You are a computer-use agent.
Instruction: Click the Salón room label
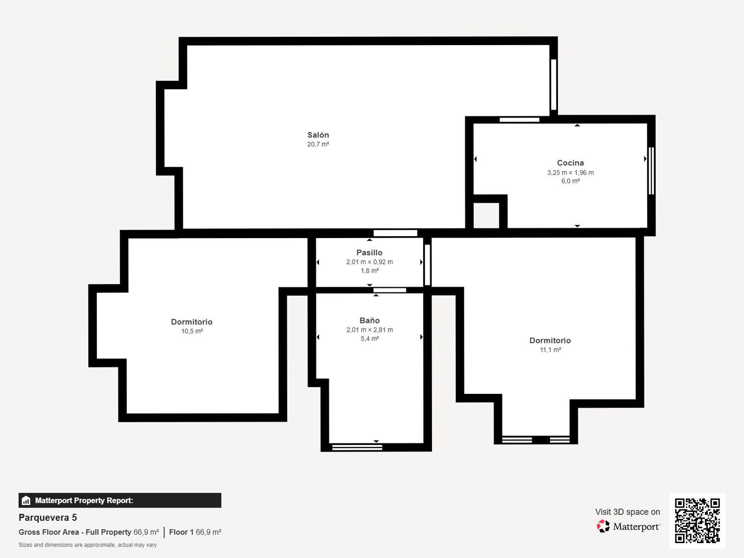pyautogui.click(x=318, y=135)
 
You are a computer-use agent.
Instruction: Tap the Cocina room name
pyautogui.click(x=570, y=163)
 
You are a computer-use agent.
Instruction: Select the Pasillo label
pyautogui.click(x=370, y=252)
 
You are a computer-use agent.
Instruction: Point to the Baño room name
pyautogui.click(x=370, y=320)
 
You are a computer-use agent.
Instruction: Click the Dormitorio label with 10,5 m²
pyautogui.click(x=191, y=322)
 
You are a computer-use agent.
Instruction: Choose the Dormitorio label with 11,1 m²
pyautogui.click(x=550, y=340)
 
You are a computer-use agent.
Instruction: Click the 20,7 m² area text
pyautogui.click(x=318, y=144)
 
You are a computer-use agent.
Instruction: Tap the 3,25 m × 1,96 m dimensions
pyautogui.click(x=570, y=173)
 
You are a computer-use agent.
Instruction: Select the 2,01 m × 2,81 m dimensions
pyautogui.click(x=370, y=330)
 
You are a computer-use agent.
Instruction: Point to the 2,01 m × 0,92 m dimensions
pyautogui.click(x=370, y=262)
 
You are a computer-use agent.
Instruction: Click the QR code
pyautogui.click(x=697, y=521)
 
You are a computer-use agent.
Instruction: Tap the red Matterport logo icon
pyautogui.click(x=603, y=526)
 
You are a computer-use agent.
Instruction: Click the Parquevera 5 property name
pyautogui.click(x=48, y=518)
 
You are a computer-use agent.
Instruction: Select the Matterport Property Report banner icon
pyautogui.click(x=26, y=500)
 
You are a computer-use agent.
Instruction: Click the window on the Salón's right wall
pyautogui.click(x=554, y=85)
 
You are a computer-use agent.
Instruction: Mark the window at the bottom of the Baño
pyautogui.click(x=357, y=447)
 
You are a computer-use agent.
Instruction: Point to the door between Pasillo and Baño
pyautogui.click(x=390, y=290)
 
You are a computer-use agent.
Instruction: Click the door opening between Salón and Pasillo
pyautogui.click(x=395, y=233)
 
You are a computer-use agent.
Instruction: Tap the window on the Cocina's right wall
pyautogui.click(x=651, y=171)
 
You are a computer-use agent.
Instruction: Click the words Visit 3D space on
pyautogui.click(x=627, y=512)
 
